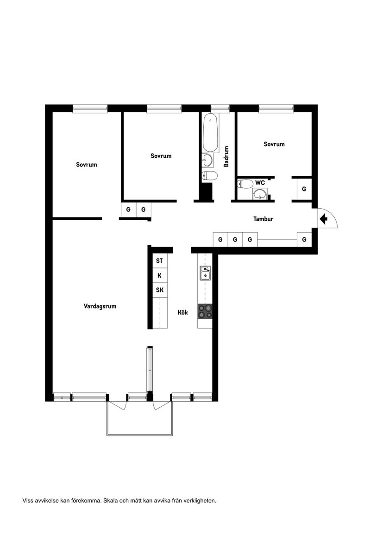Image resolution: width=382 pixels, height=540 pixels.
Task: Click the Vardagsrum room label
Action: [100, 306]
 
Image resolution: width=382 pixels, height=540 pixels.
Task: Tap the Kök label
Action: [183, 313]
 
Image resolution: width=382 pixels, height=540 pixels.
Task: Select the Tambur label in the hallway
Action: [263, 219]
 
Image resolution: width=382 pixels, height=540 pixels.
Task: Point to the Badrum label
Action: [226, 156]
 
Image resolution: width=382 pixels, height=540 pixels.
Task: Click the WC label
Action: [260, 183]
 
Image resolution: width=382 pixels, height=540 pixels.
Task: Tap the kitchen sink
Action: [205, 273]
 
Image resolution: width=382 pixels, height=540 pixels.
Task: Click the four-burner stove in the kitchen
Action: [205, 311]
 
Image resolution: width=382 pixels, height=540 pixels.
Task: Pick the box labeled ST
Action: [159, 261]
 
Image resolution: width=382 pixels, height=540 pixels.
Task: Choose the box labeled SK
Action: [159, 290]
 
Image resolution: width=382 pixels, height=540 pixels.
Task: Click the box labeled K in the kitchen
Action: [159, 275]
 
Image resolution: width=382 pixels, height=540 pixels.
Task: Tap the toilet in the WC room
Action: [244, 184]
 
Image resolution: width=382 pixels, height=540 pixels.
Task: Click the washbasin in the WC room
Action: [260, 193]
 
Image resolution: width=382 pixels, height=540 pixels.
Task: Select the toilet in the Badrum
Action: [210, 175]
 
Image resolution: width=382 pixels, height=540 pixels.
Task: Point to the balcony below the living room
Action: [139, 419]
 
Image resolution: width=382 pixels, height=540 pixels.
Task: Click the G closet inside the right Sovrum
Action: [304, 189]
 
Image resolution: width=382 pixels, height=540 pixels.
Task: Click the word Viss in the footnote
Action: [28, 501]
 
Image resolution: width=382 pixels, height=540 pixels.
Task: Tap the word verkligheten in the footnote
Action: [200, 501]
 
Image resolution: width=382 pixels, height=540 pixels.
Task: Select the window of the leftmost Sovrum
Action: [90, 109]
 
